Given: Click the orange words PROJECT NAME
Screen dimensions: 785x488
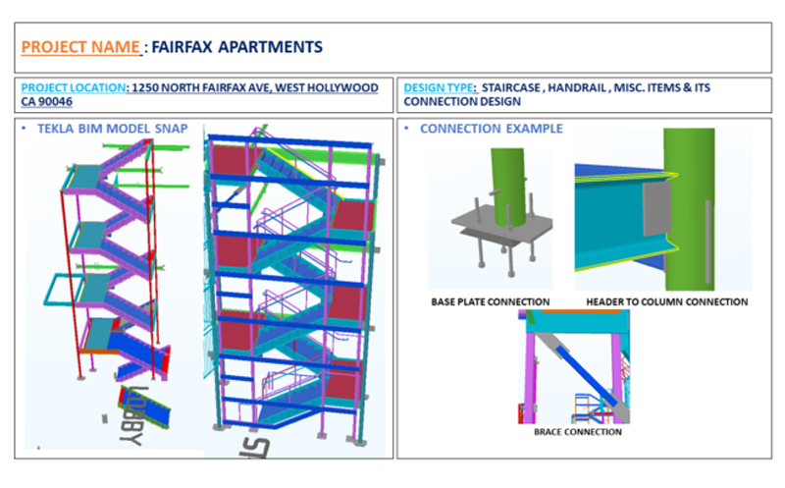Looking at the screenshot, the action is [80, 47].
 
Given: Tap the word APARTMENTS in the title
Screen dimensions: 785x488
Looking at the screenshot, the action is [271, 47].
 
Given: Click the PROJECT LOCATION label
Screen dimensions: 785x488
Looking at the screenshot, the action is [73, 87].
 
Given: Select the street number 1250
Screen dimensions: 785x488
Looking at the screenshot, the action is [144, 87].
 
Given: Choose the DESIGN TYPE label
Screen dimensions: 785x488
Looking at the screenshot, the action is [438, 87].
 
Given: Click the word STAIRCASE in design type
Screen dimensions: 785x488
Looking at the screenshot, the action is [510, 87].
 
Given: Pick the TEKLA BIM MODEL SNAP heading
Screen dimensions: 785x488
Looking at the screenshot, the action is [112, 129].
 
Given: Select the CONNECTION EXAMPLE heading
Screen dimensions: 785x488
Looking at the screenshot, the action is [492, 129].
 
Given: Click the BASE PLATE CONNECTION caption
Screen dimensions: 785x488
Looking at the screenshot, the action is [490, 302].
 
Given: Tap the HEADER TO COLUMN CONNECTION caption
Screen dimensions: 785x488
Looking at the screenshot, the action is [667, 302].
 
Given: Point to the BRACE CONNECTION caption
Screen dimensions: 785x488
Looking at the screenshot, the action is [578, 432].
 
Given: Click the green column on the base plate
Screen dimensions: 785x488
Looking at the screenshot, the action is [508, 187].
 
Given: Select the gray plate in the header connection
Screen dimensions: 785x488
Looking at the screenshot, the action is [656, 208].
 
